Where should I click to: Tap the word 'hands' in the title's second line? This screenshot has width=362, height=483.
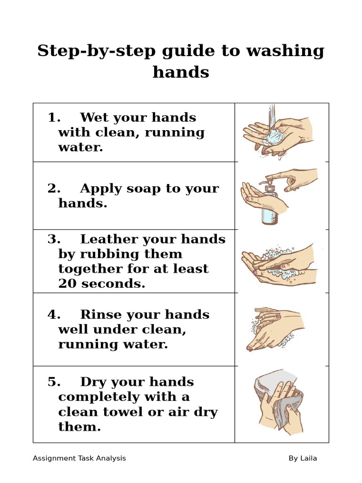pos(181,72)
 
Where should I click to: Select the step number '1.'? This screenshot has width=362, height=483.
pos(55,117)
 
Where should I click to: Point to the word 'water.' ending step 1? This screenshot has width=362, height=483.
pos(80,147)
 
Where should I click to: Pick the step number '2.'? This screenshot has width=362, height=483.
pos(55,188)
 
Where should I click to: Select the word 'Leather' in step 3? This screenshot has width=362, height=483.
pos(110,239)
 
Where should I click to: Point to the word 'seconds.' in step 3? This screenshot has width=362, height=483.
pos(113,283)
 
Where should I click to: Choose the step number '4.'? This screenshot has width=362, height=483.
pos(55,315)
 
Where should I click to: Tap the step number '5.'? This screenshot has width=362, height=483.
pos(55,382)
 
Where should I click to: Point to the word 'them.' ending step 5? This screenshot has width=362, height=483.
pos(80,427)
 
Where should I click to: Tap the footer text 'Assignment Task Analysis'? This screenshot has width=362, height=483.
pos(79,458)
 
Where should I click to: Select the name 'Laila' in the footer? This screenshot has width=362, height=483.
pos(308,458)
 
